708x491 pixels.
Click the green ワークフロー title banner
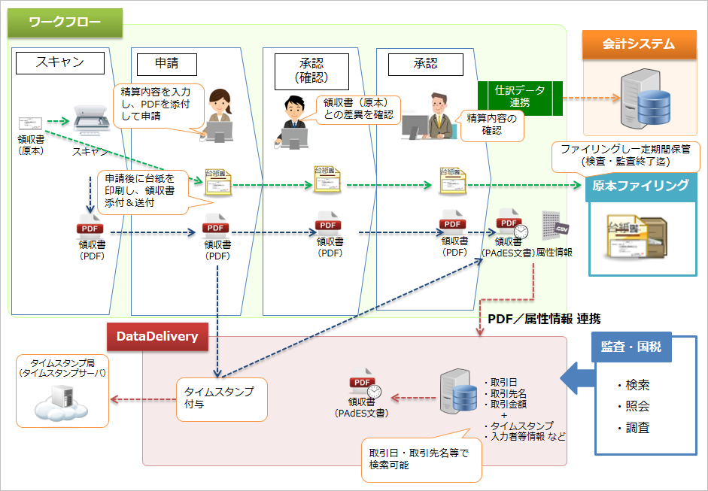pos(65,23)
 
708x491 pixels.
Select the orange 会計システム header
pos(638,44)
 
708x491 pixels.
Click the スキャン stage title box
pos(60,63)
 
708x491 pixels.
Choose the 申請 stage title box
pos(166,63)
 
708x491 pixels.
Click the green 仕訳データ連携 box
pos(520,96)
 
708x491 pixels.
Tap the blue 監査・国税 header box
pos(631,347)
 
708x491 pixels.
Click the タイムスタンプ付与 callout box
pos(222,399)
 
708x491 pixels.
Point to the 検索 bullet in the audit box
pos(634,385)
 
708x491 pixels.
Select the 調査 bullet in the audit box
pos(634,428)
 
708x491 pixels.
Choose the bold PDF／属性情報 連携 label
pos(544,319)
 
